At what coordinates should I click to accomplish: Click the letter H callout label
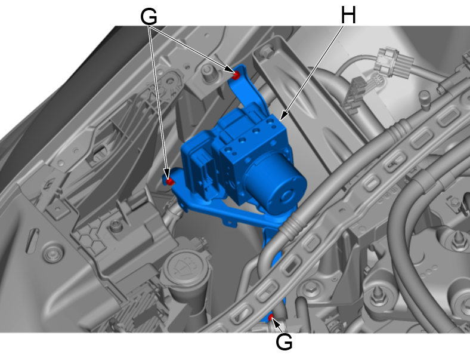coord(348,15)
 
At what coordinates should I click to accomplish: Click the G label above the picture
coord(149,17)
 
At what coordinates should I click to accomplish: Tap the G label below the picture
coord(284,342)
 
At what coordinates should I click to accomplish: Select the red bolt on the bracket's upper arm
coord(236,75)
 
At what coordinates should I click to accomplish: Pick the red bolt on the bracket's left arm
coord(169,181)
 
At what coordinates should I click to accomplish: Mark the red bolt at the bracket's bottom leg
coord(271,317)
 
